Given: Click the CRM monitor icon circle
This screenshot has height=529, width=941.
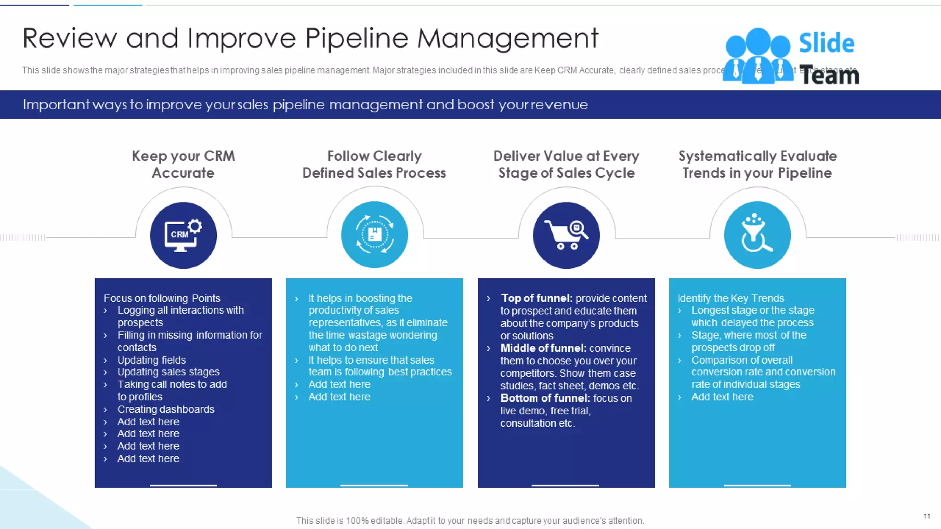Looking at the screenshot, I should (x=183, y=235).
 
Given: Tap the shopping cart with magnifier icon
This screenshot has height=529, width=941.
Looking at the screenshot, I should (x=566, y=235).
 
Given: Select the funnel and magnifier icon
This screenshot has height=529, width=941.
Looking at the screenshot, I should (x=757, y=235).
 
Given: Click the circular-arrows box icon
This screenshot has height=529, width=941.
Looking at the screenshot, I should (x=374, y=235).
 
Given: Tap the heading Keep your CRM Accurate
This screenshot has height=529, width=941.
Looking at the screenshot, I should (x=183, y=164).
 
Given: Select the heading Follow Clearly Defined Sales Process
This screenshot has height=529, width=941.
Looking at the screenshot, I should (x=374, y=164).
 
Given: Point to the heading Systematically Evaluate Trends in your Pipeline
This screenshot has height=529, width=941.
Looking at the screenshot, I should (x=757, y=164).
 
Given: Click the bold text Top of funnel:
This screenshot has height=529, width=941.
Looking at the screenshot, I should (x=536, y=298).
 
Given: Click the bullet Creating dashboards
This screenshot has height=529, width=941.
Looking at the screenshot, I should (x=166, y=409).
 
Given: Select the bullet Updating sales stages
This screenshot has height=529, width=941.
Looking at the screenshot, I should (x=168, y=372).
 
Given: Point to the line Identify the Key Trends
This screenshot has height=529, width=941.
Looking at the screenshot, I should (x=731, y=298).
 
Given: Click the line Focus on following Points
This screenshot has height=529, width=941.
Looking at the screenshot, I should (x=162, y=298).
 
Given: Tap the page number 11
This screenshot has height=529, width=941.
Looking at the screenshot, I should (x=927, y=516).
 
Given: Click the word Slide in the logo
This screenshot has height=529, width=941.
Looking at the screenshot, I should (x=826, y=44).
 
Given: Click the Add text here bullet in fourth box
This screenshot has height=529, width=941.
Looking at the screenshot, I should (x=722, y=397).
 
